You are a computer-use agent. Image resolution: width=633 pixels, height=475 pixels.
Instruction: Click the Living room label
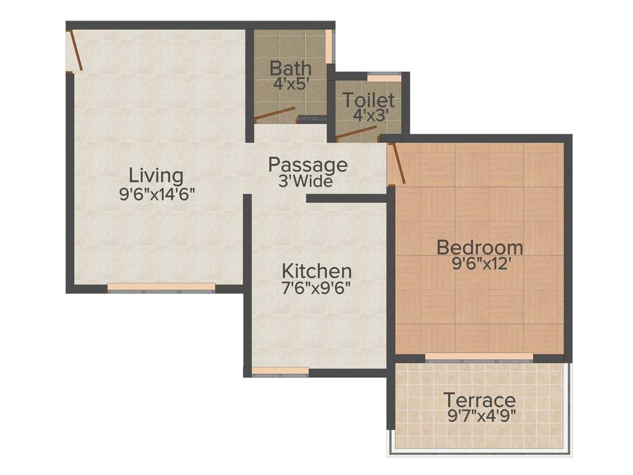[x=156, y=176]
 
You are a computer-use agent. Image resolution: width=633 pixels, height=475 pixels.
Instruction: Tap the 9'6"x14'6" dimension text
[x=157, y=194]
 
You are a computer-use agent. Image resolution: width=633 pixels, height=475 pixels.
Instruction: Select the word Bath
[x=291, y=67]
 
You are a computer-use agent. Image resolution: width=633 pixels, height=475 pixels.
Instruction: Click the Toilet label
[x=369, y=100]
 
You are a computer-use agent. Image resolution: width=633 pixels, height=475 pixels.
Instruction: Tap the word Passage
[x=307, y=165]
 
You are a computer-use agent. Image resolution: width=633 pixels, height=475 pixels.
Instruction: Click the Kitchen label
[x=316, y=271]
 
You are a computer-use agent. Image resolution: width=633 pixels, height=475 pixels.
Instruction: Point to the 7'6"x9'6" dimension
[x=316, y=288]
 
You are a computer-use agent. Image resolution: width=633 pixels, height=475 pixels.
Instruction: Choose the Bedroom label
[x=480, y=247]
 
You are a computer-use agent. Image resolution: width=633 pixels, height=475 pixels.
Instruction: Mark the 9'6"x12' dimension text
[x=480, y=264]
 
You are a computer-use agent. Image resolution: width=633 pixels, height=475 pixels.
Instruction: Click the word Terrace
[x=480, y=400]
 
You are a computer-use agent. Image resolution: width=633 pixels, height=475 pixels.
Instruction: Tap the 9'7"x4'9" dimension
[x=480, y=415]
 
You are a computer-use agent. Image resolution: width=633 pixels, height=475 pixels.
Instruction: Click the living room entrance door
[x=75, y=49]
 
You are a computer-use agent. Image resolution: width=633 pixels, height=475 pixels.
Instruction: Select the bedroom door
[x=396, y=163]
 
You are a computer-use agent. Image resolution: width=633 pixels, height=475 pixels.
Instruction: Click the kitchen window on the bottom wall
[x=280, y=371]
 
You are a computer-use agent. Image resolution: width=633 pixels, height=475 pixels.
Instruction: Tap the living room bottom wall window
[x=161, y=288]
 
